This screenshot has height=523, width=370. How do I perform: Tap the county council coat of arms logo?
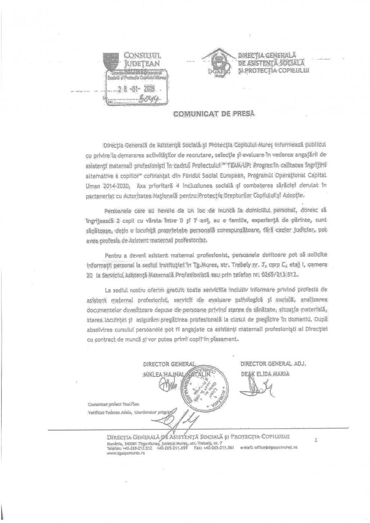(113, 61)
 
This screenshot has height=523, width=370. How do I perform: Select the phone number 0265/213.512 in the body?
(281, 275)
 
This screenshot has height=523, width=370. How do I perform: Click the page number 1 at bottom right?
(316, 441)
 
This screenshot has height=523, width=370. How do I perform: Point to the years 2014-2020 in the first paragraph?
(112, 186)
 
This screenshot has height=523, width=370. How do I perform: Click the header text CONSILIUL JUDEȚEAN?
(142, 60)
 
